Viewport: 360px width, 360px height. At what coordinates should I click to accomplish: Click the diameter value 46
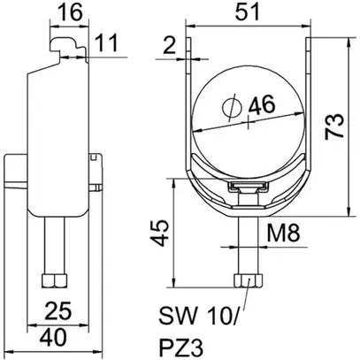coord(260,104)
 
